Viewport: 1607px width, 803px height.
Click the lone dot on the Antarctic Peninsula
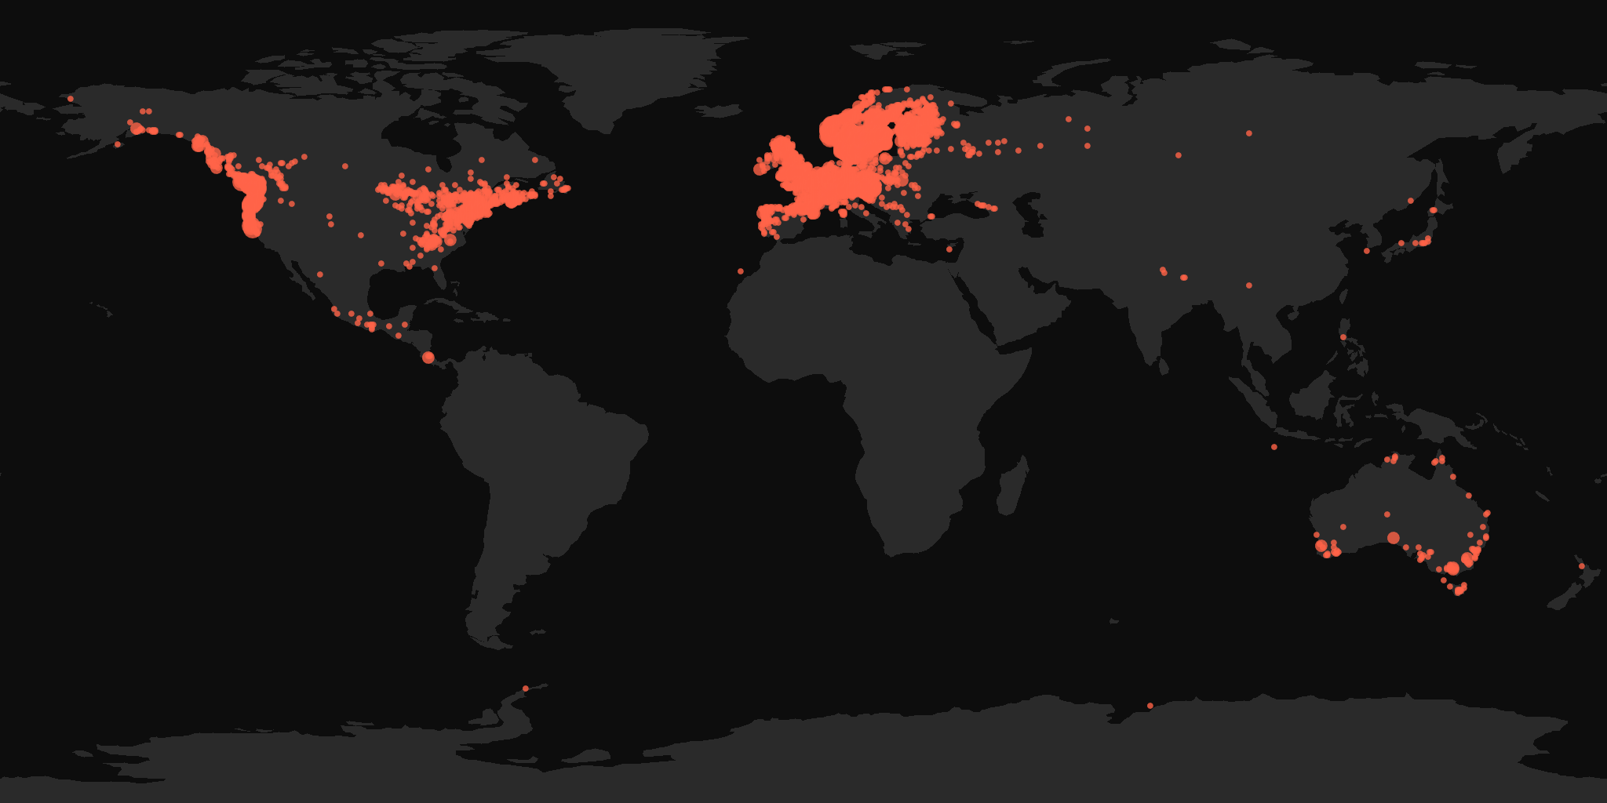pos(526,689)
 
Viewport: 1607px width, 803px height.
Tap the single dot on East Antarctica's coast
pos(1150,706)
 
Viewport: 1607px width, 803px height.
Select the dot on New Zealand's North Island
pos(1581,566)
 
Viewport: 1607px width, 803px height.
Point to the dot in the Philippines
pos(1343,337)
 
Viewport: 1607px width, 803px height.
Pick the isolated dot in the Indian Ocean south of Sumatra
pos(1274,447)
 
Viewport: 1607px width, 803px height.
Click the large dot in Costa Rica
pos(428,358)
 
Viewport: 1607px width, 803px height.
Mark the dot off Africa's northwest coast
pos(741,271)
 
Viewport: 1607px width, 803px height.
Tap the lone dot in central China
pos(1249,285)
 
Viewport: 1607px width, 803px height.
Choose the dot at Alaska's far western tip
pos(71,99)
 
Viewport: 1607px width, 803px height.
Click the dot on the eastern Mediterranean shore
pos(949,249)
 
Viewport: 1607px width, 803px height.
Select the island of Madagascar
pos(1012,486)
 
